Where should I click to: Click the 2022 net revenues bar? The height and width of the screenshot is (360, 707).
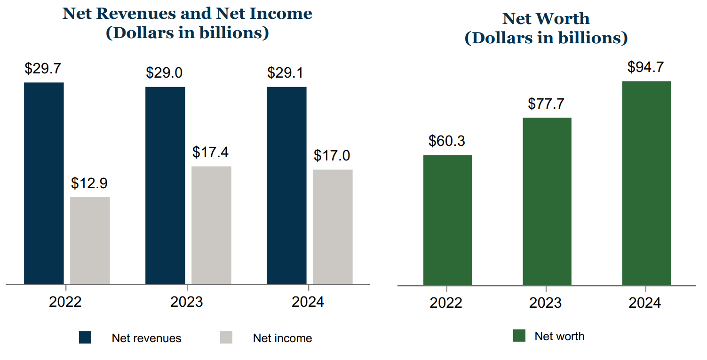(44, 184)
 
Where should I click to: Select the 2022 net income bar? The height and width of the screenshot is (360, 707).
(90, 240)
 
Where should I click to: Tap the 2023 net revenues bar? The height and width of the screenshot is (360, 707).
(165, 185)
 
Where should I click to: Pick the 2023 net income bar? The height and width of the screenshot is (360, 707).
(211, 225)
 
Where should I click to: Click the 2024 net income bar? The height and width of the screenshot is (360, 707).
(333, 227)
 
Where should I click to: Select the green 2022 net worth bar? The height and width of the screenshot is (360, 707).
(447, 220)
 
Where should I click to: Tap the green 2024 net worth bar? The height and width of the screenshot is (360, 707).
(646, 183)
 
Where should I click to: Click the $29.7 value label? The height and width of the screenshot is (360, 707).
(43, 69)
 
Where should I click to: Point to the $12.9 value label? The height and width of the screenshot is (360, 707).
(89, 183)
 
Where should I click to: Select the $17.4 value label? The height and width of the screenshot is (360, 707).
(211, 152)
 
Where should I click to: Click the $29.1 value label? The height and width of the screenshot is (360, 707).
(286, 73)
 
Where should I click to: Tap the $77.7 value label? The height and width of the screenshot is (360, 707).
(546, 104)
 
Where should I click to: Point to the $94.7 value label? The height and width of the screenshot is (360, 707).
(646, 67)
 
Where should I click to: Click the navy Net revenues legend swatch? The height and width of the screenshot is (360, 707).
(85, 337)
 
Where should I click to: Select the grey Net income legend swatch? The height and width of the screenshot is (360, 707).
(226, 337)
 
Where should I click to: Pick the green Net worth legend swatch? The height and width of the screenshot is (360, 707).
(519, 336)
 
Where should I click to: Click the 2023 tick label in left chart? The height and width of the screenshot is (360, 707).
(187, 302)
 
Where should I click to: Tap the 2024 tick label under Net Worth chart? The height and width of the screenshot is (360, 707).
(645, 303)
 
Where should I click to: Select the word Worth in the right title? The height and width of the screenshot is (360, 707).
(565, 18)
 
